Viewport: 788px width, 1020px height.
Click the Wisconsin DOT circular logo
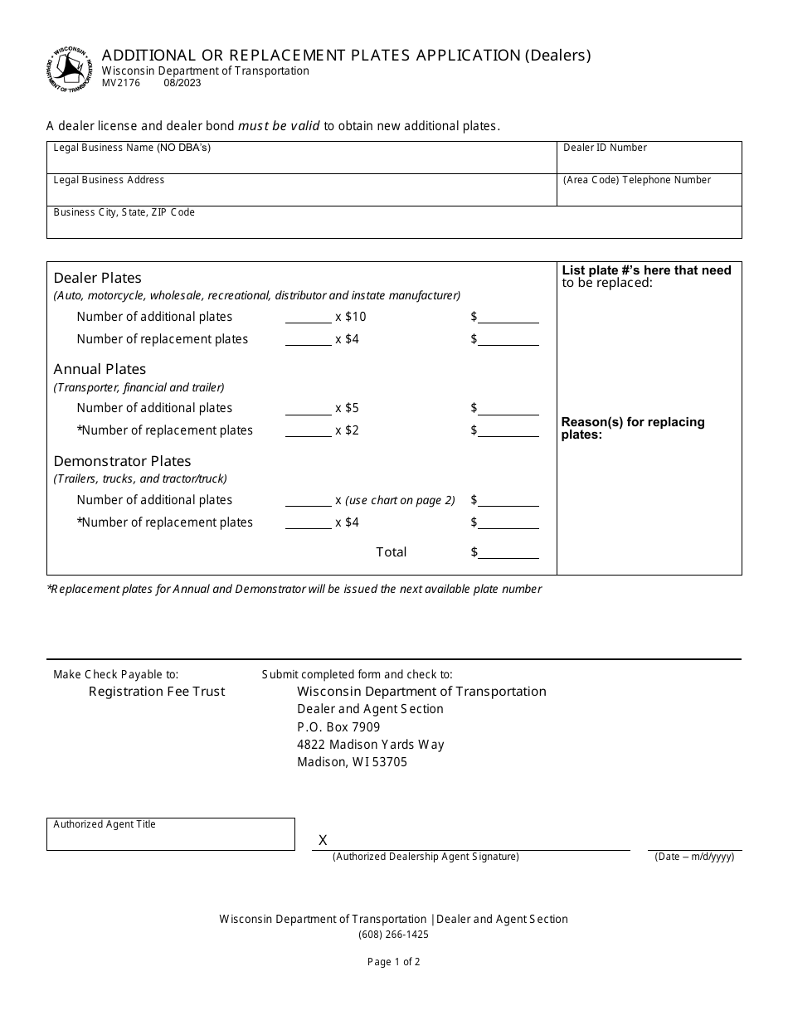[69, 70]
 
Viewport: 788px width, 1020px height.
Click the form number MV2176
[121, 83]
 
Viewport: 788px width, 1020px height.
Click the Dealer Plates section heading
[98, 278]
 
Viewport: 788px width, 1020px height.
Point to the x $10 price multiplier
[350, 317]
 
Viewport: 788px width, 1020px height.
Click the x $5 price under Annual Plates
[347, 408]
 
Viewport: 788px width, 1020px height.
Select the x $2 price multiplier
[347, 430]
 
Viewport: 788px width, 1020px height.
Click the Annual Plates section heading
[100, 369]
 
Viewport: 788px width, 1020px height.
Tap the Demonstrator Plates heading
[122, 461]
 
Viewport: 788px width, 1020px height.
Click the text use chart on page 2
[401, 500]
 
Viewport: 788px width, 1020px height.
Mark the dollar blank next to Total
[508, 552]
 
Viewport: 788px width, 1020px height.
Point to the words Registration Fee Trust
[157, 692]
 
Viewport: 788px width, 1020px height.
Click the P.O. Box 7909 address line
[338, 727]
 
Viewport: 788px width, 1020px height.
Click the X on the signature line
[323, 841]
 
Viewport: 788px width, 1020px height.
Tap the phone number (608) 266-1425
[393, 935]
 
